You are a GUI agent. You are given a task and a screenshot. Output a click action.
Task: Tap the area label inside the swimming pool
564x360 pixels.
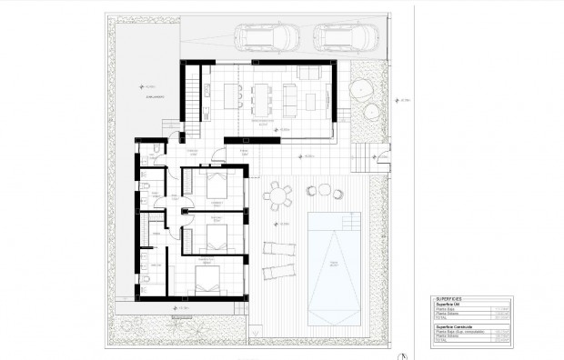click(x=333, y=264)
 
